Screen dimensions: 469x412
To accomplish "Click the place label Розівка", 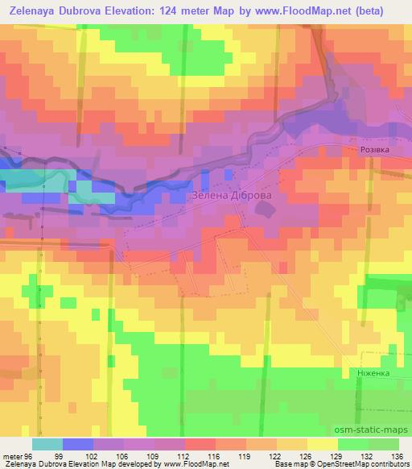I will tap(376, 151).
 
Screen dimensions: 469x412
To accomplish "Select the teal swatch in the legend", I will tap(47, 444).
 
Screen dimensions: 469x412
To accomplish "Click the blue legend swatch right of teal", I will tap(78, 444).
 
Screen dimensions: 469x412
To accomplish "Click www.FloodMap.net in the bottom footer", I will tap(192, 464).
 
